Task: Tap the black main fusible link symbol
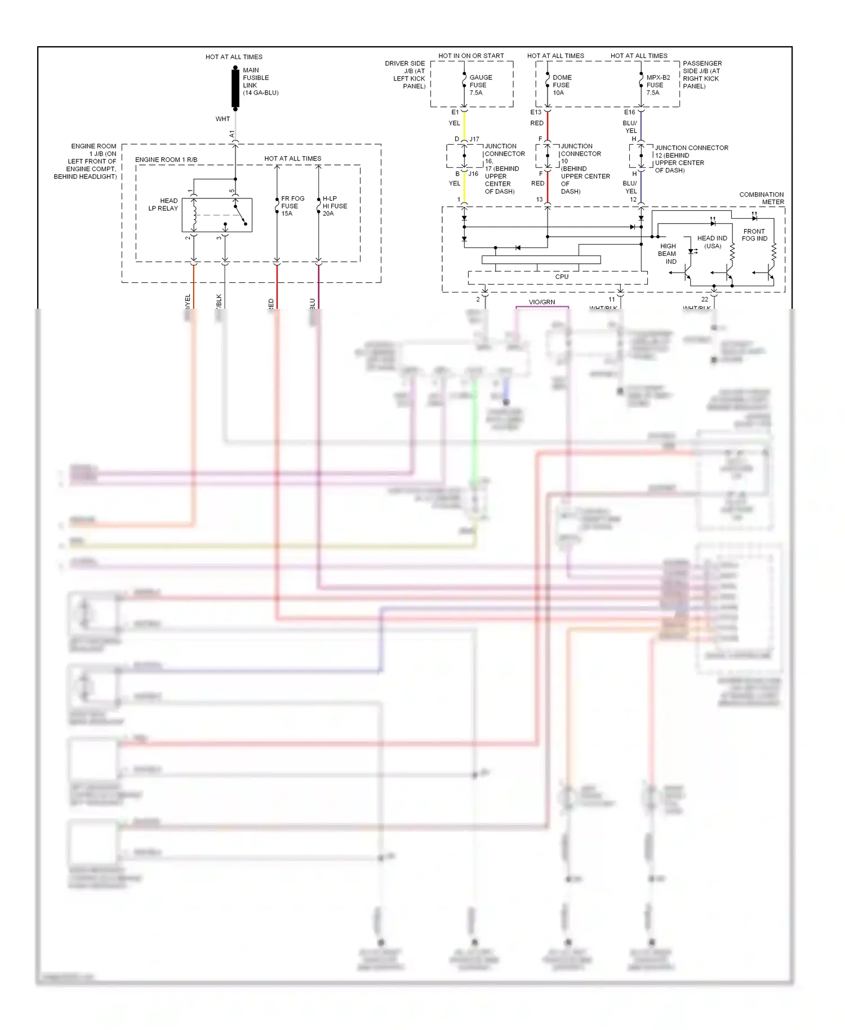click(235, 87)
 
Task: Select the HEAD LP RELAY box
click(217, 215)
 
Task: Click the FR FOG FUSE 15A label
click(292, 206)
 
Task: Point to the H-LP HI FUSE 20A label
click(335, 206)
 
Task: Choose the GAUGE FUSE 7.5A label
click(480, 85)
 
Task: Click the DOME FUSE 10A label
click(562, 85)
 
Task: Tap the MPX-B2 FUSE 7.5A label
click(657, 85)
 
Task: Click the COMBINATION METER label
click(762, 198)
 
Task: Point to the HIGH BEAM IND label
click(668, 254)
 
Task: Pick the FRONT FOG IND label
click(754, 235)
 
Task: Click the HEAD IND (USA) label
click(712, 242)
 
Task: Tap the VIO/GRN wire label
click(542, 302)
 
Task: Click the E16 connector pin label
click(629, 112)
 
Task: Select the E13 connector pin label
click(535, 112)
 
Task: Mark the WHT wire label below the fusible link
click(223, 119)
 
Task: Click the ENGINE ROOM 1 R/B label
click(166, 159)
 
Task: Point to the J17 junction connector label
click(475, 139)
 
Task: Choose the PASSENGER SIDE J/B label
click(702, 74)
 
